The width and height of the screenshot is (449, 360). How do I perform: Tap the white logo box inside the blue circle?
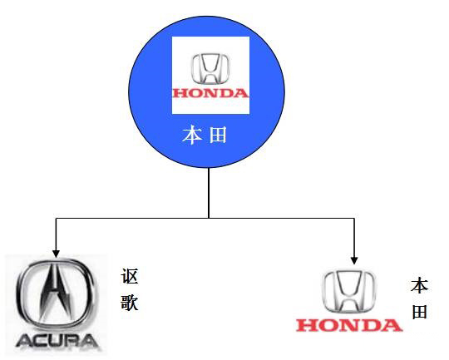[210, 75]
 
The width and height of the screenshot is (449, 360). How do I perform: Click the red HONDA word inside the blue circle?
[210, 93]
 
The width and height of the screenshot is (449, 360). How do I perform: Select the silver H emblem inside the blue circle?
[210, 67]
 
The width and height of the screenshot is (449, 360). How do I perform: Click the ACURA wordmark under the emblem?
[56, 341]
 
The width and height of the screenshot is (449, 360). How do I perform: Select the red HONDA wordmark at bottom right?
[349, 323]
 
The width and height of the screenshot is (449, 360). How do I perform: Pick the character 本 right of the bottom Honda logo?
[419, 287]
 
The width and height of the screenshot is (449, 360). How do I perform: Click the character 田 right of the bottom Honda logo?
[419, 312]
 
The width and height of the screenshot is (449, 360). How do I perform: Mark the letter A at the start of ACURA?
[22, 341]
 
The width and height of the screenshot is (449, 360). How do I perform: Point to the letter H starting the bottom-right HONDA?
[305, 323]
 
